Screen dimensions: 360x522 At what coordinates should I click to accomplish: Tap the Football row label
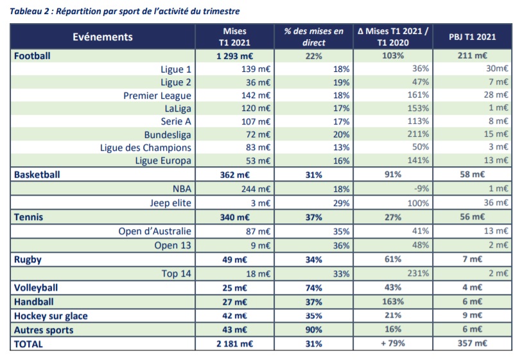(x=32, y=56)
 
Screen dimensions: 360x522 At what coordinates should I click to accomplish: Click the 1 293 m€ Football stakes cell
(x=235, y=56)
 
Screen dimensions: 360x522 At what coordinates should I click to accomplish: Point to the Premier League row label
(x=157, y=96)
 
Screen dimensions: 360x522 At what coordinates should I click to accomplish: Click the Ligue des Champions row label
(x=146, y=148)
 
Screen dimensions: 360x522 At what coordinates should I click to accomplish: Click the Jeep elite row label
(x=170, y=202)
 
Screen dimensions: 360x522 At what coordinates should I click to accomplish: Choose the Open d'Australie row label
(x=155, y=231)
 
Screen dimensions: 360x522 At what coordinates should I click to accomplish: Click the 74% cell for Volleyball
(x=315, y=287)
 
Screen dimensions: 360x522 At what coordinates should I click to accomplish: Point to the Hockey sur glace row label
(x=51, y=316)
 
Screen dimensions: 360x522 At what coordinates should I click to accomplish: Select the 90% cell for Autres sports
(x=315, y=330)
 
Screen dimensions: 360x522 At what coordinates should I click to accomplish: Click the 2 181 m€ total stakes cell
(x=235, y=344)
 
